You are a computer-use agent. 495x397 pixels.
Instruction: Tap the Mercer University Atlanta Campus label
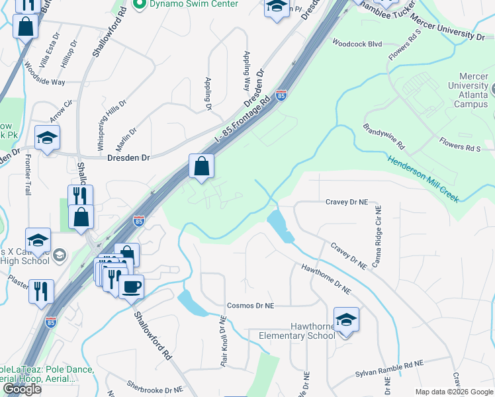coord(467,95)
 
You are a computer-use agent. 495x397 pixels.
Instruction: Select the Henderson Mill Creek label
coord(423,179)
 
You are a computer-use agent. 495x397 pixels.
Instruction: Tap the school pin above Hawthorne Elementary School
coord(346,321)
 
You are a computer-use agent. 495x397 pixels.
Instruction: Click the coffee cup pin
coord(131,287)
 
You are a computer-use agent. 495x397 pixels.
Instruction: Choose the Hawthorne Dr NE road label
coord(325,279)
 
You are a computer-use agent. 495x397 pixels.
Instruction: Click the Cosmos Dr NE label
coord(250,306)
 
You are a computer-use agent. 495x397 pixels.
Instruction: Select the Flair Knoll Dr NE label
coord(223,340)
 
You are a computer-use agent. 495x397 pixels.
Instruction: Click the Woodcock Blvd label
coord(357,44)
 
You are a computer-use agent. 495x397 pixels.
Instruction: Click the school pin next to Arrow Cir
coord(48,138)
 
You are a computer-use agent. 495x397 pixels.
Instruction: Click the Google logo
coord(22,389)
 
